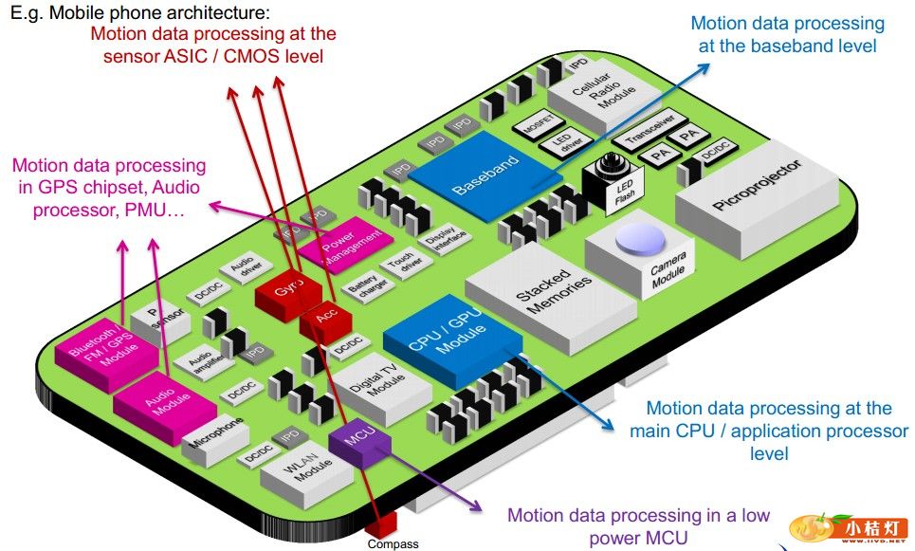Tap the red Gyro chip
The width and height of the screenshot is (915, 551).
283,290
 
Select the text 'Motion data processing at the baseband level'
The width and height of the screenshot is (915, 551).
787,34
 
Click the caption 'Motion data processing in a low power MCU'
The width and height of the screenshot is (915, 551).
638,526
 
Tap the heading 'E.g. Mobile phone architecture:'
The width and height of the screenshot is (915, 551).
139,13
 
